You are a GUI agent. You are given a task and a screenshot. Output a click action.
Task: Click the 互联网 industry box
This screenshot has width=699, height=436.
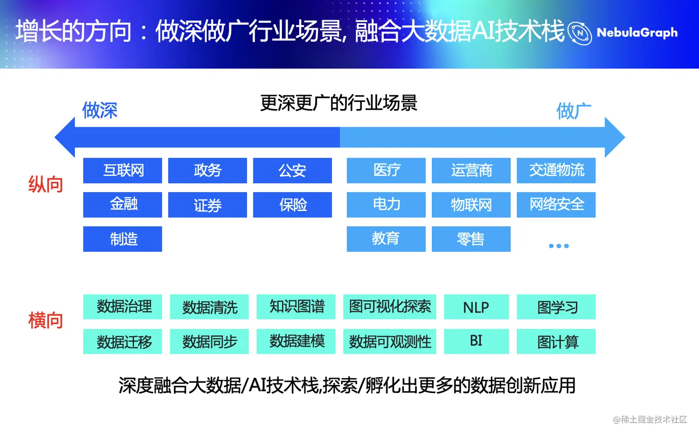pos(123,170)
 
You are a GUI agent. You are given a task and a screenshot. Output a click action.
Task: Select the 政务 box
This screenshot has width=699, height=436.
pos(207,170)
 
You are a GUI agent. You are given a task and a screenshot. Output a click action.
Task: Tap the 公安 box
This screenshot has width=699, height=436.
pos(292,170)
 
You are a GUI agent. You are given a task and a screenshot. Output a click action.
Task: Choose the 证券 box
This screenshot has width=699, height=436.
pos(207,205)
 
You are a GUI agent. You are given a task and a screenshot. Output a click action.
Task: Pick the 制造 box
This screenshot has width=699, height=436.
pos(123,239)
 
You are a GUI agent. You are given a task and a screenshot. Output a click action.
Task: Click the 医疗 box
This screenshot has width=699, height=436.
pos(386,170)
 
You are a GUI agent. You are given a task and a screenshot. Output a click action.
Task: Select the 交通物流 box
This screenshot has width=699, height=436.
pos(556,170)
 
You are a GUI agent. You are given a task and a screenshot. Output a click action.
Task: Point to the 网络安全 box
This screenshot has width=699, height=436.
pos(556,205)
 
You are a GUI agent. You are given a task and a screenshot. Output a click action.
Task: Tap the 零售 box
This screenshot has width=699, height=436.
pos(471,239)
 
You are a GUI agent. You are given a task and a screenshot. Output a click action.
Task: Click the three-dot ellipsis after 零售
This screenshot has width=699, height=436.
pos(558,246)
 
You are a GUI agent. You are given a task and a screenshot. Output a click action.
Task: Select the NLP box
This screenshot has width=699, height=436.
pos(476,307)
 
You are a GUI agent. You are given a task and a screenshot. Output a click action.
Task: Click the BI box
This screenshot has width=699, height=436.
pos(476,341)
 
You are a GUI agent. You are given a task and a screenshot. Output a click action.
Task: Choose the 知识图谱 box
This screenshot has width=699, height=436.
pos(296,307)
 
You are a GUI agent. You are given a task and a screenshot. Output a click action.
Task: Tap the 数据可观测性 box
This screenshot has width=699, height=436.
pos(389,341)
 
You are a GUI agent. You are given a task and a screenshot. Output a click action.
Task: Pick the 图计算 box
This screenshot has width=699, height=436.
pos(556,341)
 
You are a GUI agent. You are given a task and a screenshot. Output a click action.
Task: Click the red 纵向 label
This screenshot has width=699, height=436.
pos(45,185)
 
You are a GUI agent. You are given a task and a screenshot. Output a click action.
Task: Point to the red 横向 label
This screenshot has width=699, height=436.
pos(45,320)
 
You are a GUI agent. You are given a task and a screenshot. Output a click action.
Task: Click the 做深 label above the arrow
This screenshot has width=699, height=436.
pos(100,110)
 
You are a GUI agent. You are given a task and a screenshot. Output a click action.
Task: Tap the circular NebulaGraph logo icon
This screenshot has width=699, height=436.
pos(579,33)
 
